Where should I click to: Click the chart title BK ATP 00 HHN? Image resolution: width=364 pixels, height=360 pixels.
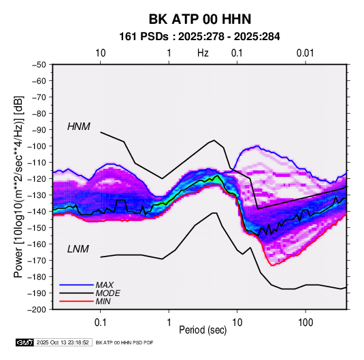[x=200, y=19]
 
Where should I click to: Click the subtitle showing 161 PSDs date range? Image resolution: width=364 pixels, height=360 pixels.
[x=199, y=37]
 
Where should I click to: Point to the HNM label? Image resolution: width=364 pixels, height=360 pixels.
[x=79, y=127]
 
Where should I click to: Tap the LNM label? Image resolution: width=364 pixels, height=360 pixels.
[x=78, y=249]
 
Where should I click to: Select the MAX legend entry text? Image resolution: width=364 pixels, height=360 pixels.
[x=105, y=284]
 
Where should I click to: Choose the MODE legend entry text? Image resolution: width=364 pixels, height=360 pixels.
[x=107, y=293]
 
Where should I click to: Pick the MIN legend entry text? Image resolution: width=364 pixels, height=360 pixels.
[x=103, y=301]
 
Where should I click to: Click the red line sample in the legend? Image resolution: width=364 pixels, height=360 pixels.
[x=76, y=301]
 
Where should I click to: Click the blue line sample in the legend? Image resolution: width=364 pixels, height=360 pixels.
[x=76, y=284]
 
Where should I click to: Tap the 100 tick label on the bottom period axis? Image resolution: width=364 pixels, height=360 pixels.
[x=305, y=323]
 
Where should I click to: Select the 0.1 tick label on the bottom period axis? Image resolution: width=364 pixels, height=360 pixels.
[x=100, y=323]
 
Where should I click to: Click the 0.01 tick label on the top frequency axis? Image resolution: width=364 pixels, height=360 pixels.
[x=305, y=53]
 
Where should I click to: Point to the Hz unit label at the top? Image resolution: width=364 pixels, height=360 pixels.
[x=203, y=53]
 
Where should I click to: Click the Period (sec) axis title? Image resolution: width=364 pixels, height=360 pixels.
[x=203, y=330]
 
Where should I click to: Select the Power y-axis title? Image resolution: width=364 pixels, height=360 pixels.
[x=18, y=186]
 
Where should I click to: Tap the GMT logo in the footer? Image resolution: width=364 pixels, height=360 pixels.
[x=24, y=342]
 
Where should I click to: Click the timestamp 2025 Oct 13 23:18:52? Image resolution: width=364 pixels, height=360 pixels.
[x=63, y=342]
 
